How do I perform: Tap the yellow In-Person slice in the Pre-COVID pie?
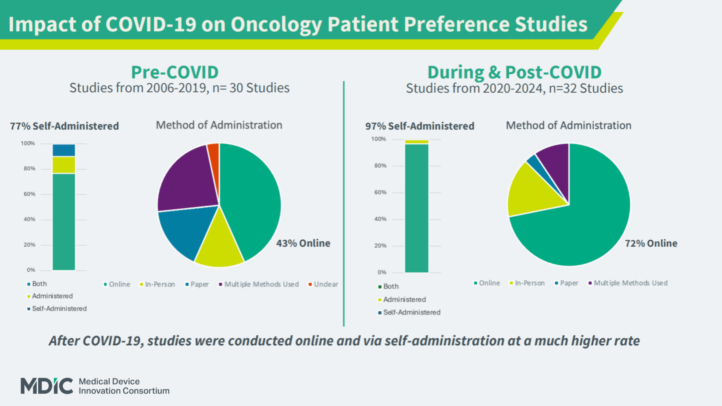pyautogui.click(x=219, y=247)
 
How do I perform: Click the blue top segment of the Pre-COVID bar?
pyautogui.click(x=64, y=150)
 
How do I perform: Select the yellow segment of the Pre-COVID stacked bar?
pyautogui.click(x=64, y=165)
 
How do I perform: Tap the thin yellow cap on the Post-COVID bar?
pyautogui.click(x=416, y=142)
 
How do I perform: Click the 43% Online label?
pyautogui.click(x=303, y=243)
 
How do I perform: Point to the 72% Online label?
pyautogui.click(x=651, y=243)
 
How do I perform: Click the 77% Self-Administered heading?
pyautogui.click(x=64, y=126)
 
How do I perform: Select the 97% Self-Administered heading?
pyautogui.click(x=420, y=126)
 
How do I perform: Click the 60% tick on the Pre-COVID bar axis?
pyautogui.click(x=30, y=194)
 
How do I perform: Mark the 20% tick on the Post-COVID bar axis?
pyautogui.click(x=380, y=246)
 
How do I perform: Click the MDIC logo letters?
pyautogui.click(x=47, y=386)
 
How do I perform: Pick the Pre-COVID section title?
pyautogui.click(x=175, y=72)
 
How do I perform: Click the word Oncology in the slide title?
pyautogui.click(x=276, y=25)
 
